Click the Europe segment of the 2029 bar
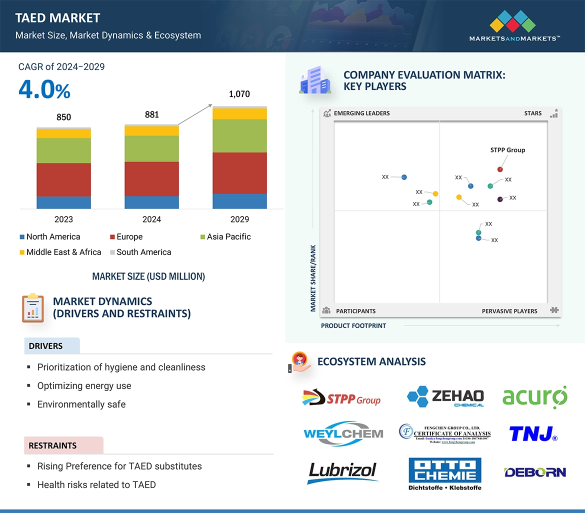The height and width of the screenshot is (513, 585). (239, 173)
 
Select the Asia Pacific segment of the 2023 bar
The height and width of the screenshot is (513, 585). (63, 150)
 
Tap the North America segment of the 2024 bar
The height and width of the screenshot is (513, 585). (151, 202)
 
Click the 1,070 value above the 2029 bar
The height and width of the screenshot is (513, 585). (239, 94)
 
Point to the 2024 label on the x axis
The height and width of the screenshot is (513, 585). (151, 219)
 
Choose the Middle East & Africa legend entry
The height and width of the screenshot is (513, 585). (60, 252)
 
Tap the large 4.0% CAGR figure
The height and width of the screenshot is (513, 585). (44, 90)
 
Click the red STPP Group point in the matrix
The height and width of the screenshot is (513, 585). (500, 169)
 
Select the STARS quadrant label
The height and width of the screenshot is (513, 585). (533, 113)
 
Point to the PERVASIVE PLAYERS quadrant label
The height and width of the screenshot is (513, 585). (509, 311)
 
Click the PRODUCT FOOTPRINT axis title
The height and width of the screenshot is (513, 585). (353, 325)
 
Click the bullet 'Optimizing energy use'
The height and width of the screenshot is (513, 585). (84, 385)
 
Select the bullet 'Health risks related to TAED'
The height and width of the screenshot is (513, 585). (96, 484)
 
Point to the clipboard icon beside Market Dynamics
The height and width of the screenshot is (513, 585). (33, 307)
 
